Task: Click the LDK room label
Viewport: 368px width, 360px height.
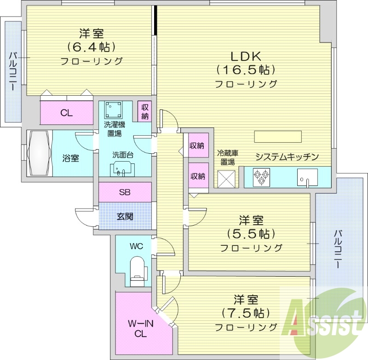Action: [x=246, y=57]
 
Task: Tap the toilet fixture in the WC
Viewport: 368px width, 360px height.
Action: [x=138, y=269]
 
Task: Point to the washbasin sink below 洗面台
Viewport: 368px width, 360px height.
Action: [x=122, y=169]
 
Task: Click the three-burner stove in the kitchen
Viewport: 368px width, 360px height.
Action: [x=261, y=177]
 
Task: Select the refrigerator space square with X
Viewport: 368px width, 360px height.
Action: [x=226, y=179]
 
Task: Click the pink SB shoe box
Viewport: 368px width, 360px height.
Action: [x=125, y=192]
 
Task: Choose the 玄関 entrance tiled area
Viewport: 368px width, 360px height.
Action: [x=125, y=215]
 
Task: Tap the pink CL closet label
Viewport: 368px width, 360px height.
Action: [x=66, y=113]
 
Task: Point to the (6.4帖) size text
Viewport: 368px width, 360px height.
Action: [x=91, y=46]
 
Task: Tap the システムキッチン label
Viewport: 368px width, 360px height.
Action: [x=287, y=157]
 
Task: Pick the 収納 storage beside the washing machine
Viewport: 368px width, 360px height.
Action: [x=145, y=111]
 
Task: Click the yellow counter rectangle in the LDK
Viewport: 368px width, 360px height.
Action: [x=278, y=137]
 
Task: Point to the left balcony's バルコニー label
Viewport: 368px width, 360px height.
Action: [x=13, y=71]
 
